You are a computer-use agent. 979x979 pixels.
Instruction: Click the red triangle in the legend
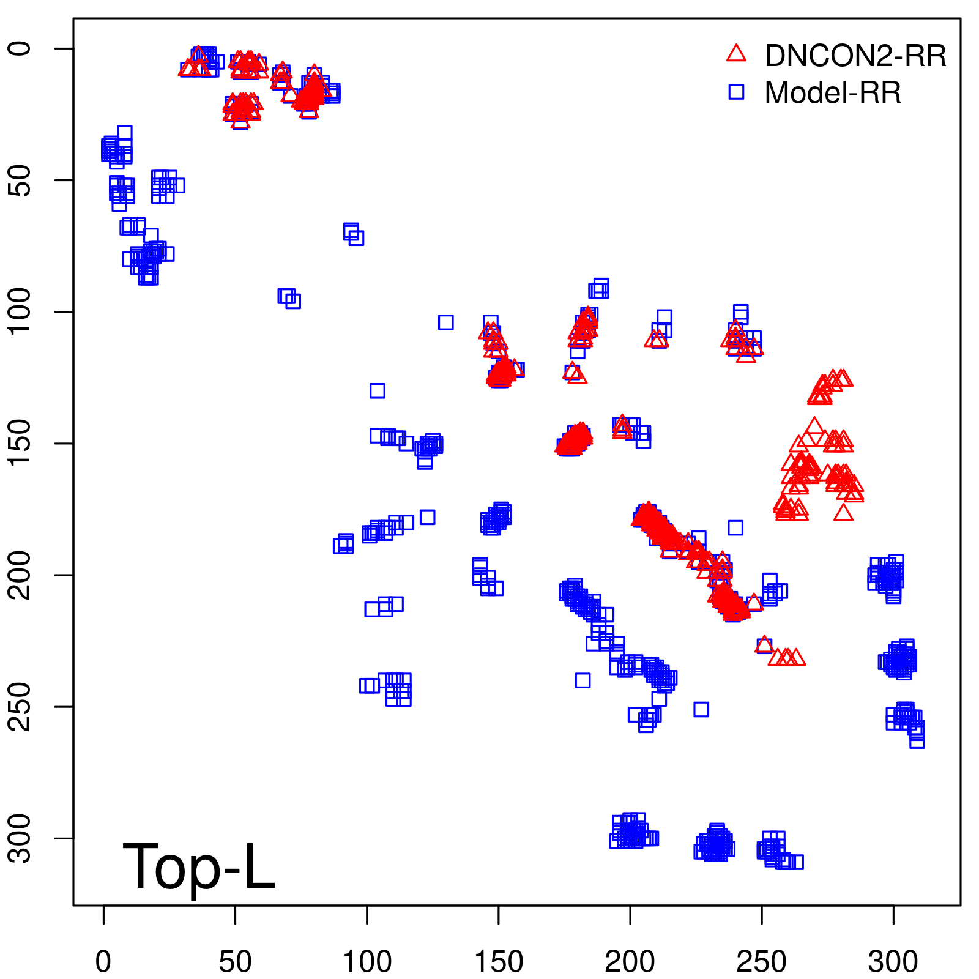coord(736,54)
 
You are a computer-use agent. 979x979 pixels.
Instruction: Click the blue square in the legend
coord(736,92)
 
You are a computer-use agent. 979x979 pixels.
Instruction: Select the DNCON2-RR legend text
coord(855,56)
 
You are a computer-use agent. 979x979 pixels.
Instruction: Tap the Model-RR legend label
coord(833,93)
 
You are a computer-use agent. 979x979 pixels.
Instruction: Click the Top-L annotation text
coord(199,866)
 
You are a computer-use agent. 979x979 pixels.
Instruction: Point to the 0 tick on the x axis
coord(103,961)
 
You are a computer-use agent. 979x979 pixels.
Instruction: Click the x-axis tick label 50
coord(235,961)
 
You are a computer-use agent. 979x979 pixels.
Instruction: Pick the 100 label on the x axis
coord(367,961)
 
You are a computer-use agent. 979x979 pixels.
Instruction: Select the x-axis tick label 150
coord(499,961)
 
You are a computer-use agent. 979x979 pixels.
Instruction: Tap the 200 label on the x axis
coord(630,961)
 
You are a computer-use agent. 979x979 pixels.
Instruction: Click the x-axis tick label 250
coord(761,961)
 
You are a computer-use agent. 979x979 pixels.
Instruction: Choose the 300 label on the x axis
coord(893,961)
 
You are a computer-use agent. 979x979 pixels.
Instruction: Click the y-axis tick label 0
coord(20,48)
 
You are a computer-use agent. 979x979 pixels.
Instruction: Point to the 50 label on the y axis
coord(20,180)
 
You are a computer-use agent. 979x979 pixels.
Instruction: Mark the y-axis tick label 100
coord(20,311)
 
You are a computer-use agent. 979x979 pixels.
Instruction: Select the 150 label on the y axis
coord(20,443)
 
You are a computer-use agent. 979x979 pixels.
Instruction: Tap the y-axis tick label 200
coord(20,575)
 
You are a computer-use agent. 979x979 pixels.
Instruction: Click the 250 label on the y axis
coord(20,707)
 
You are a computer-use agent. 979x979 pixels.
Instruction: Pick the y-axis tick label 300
coord(20,838)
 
